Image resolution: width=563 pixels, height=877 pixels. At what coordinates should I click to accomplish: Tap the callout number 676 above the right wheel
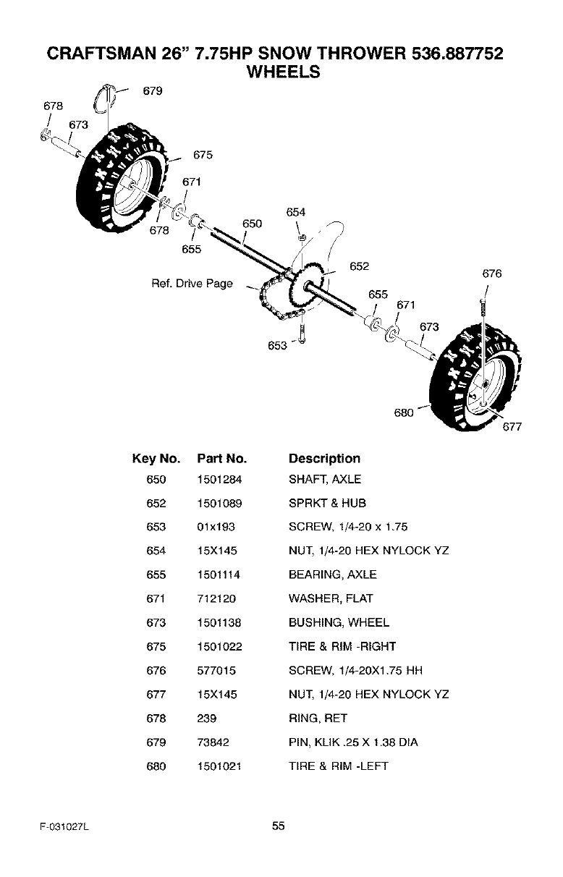(491, 274)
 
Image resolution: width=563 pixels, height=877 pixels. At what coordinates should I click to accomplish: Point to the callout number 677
(512, 427)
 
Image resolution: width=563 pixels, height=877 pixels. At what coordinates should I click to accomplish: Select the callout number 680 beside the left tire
(403, 413)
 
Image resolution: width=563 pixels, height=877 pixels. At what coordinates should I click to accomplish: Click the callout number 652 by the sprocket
(360, 266)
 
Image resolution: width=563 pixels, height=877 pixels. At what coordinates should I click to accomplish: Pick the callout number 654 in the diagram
(296, 212)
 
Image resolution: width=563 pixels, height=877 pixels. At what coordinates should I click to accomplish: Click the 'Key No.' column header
(156, 459)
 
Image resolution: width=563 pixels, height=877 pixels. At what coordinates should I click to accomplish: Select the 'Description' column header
(323, 459)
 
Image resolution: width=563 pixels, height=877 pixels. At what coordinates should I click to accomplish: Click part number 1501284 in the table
(219, 479)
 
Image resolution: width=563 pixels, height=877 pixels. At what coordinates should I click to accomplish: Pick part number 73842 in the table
(212, 742)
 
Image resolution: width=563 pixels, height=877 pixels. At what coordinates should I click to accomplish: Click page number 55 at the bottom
(279, 826)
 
